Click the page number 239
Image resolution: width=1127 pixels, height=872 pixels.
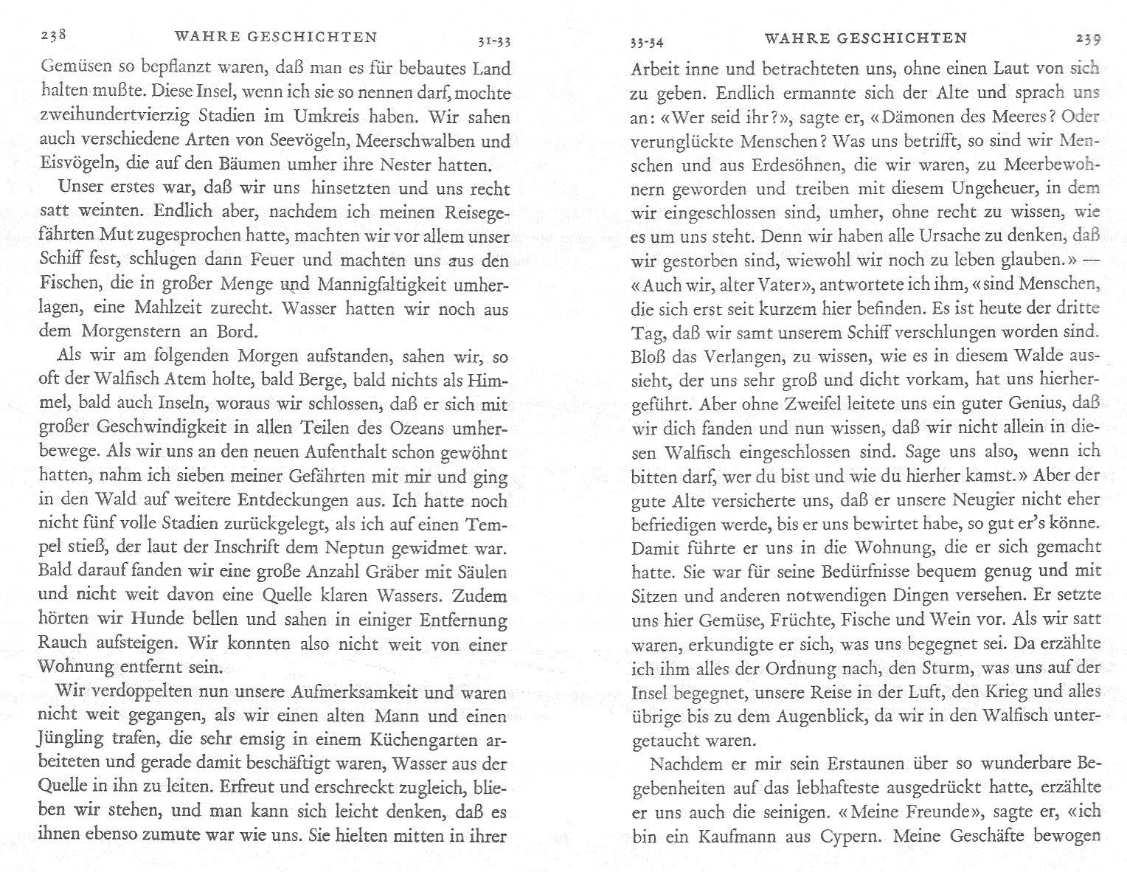[x=1088, y=38]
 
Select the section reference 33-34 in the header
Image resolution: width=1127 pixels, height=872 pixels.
[x=647, y=43]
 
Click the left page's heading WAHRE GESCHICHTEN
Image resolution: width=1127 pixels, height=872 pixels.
[x=276, y=37]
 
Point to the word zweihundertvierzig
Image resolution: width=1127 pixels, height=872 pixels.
[x=102, y=117]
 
